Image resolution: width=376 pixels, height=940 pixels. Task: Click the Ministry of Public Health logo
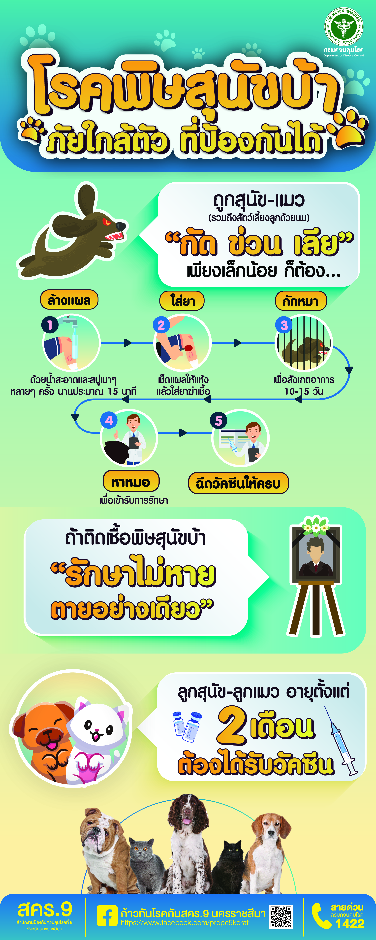pyautogui.click(x=344, y=27)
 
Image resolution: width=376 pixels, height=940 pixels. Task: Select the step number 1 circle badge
pyautogui.click(x=50, y=324)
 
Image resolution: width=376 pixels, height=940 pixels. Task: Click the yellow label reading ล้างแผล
pyautogui.click(x=69, y=300)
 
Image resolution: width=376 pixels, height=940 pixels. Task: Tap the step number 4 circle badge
pyautogui.click(x=109, y=420)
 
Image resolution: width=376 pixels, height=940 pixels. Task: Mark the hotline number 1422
pyautogui.click(x=350, y=923)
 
